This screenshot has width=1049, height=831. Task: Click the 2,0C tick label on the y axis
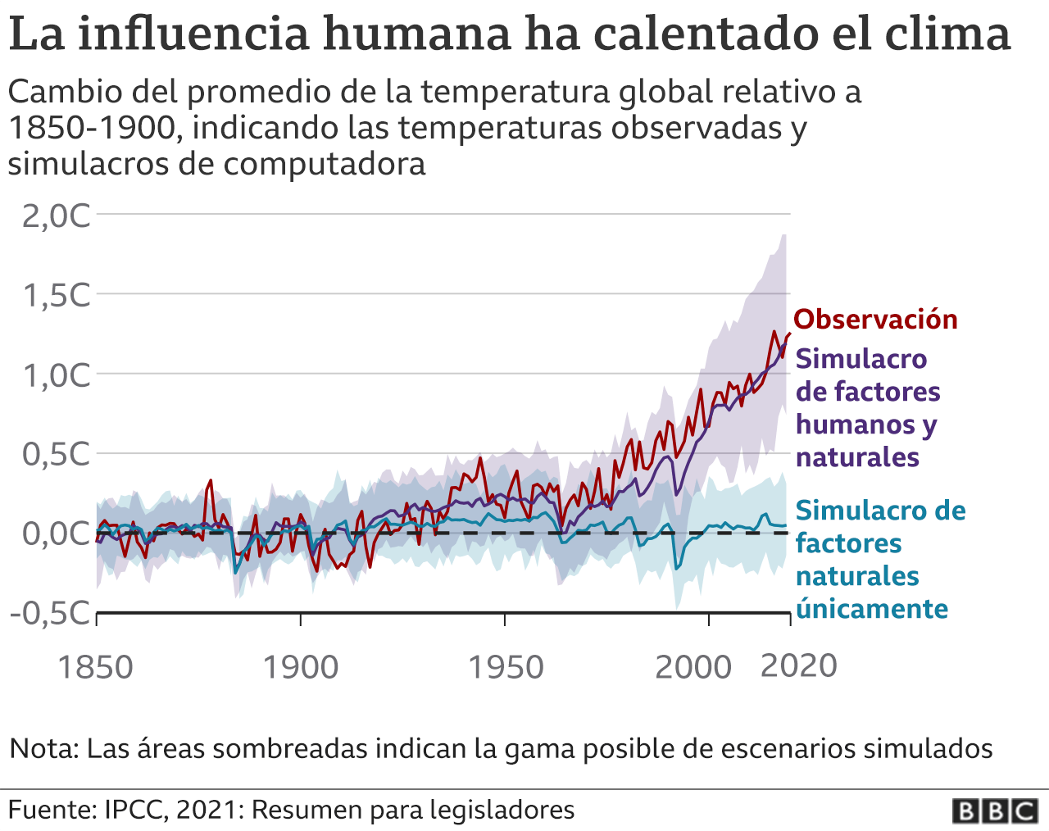pos(56,216)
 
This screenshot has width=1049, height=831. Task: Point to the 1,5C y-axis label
pos(56,295)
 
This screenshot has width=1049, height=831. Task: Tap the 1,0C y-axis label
pos(56,375)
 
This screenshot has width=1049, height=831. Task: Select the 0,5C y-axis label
pos(56,454)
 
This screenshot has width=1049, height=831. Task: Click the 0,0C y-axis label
pos(56,534)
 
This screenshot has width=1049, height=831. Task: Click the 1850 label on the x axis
pos(95,667)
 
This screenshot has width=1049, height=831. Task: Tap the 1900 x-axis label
pos(300,667)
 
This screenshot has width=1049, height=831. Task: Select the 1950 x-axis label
pos(505,667)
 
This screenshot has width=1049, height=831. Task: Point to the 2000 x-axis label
pos(693,667)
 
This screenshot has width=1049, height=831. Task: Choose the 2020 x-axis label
pos(798,665)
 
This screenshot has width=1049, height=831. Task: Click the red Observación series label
pos(875,319)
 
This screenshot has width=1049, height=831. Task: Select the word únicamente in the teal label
pos(872,609)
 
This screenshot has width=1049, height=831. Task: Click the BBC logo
pos(995,811)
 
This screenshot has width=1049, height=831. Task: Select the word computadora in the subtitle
pos(324,164)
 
